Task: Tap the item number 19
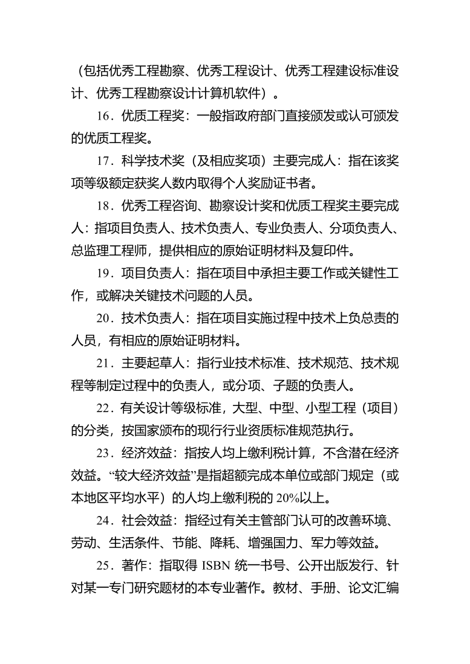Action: (x=103, y=273)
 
